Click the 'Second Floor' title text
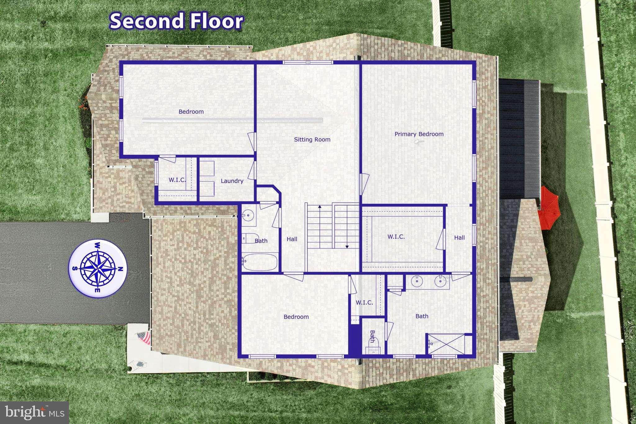(x=176, y=21)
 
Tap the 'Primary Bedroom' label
(x=419, y=134)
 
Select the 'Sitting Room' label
(x=312, y=140)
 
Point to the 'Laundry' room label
(x=232, y=181)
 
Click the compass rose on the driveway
(x=98, y=269)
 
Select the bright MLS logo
(x=34, y=412)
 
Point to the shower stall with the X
(x=446, y=344)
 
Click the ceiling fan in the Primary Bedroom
(x=419, y=142)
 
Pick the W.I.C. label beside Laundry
(x=177, y=180)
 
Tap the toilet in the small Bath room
(x=372, y=348)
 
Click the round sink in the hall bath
(x=248, y=215)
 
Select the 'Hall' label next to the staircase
(x=292, y=239)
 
